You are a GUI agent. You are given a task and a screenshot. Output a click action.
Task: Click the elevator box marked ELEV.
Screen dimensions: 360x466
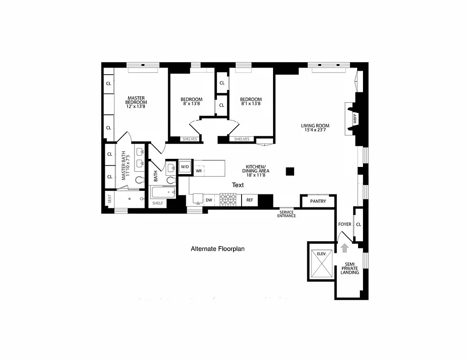321,261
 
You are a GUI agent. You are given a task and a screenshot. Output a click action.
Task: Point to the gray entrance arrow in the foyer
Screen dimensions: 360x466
345,247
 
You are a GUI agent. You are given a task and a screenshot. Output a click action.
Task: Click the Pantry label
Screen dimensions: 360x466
318,201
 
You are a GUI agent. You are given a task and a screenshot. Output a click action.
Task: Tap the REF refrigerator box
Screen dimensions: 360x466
250,200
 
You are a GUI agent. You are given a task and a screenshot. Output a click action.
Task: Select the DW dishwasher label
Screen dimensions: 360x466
209,200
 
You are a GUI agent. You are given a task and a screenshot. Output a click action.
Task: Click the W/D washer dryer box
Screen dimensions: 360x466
185,166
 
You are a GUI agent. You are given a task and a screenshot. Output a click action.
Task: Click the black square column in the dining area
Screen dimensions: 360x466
290,171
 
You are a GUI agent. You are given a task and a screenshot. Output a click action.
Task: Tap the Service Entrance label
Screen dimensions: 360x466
287,214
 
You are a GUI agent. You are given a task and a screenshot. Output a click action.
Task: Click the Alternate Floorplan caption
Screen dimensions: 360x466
218,248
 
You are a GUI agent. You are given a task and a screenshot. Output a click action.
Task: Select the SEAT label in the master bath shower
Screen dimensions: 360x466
109,198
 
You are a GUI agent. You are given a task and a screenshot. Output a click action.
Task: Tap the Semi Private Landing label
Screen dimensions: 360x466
349,268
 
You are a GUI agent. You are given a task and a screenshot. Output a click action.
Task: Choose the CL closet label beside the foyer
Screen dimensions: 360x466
358,224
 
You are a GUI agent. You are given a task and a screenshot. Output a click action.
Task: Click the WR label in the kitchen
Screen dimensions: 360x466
198,171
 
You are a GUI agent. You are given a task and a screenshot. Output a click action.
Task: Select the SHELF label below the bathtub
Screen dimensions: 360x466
157,203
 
